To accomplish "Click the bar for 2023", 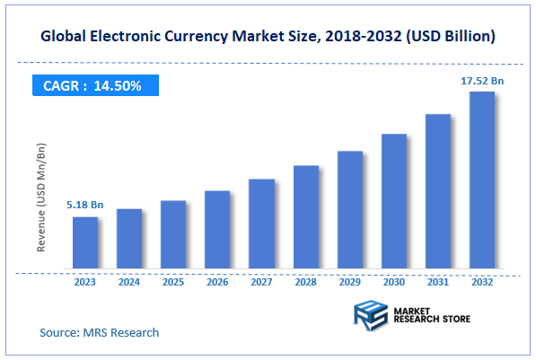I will (x=85, y=242).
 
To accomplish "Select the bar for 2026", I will (x=217, y=229).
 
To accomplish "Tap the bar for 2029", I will (x=350, y=209).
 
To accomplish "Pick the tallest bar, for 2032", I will (x=482, y=180).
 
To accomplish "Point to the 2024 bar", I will (x=129, y=238).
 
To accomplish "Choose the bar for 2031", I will (x=438, y=190).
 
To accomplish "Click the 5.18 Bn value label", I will (x=85, y=206).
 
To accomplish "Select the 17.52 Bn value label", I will (x=482, y=81).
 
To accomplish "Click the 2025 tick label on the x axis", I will (x=173, y=282).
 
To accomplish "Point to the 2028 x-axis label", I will (x=306, y=282).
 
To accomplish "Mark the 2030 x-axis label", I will (x=394, y=282).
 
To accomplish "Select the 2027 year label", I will (x=262, y=282).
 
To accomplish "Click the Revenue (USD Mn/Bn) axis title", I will (x=42, y=196).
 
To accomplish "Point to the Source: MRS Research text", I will (x=99, y=332).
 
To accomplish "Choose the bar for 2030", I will (x=394, y=201).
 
